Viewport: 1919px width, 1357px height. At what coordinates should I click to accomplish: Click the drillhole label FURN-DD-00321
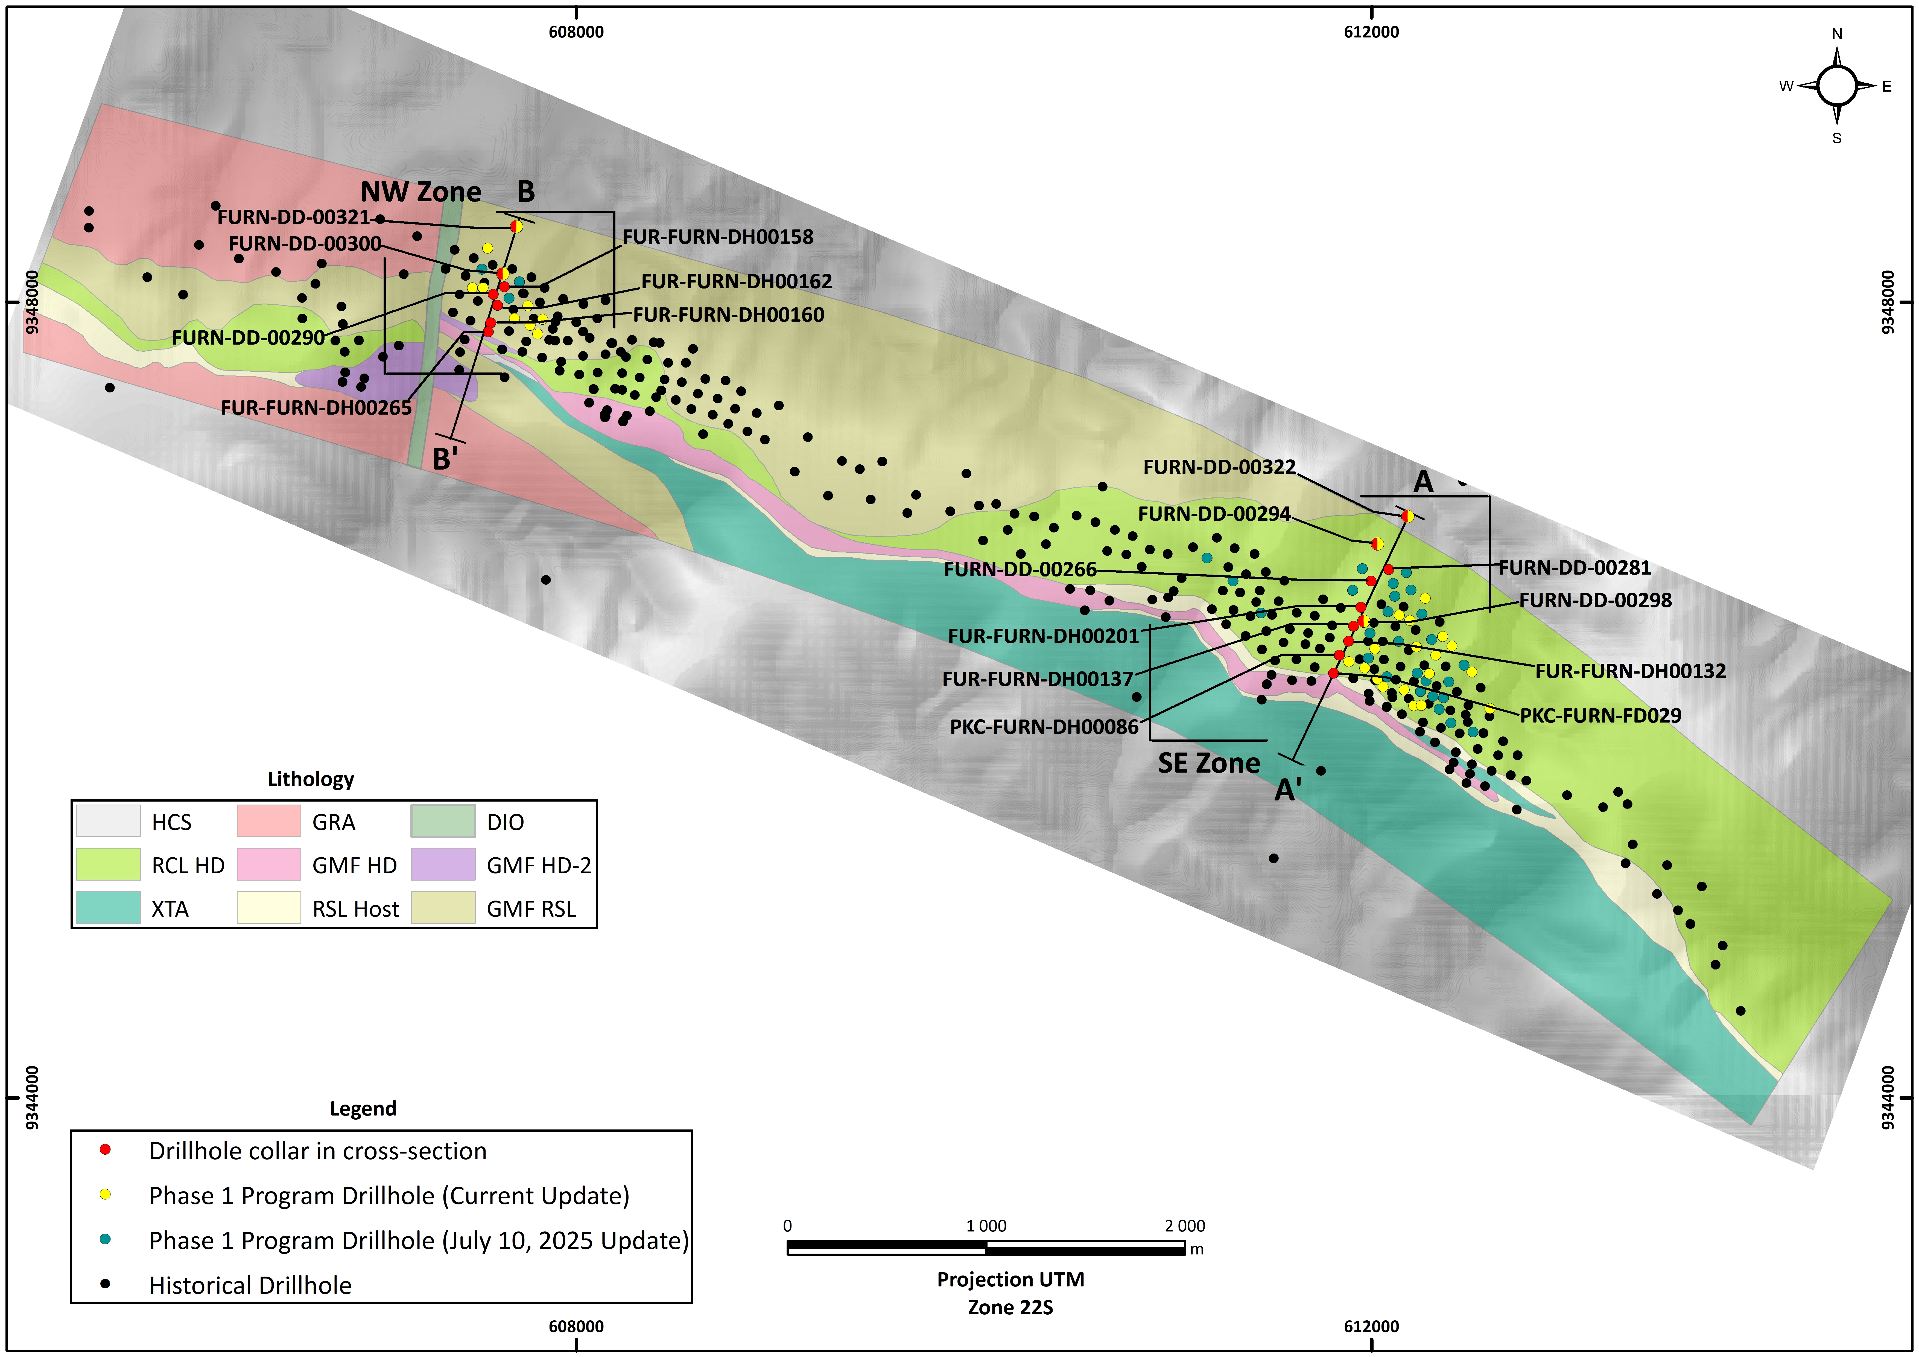tap(293, 217)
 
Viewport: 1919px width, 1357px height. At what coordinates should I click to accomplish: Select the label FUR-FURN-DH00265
tap(316, 408)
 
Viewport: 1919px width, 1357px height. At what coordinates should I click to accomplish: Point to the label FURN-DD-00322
tap(1219, 467)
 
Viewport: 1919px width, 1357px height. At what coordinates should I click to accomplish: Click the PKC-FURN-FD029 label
tap(1600, 716)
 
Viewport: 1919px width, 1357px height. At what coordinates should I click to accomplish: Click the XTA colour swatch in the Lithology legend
tap(108, 908)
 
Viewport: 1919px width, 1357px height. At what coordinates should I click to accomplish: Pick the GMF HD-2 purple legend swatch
tap(443, 864)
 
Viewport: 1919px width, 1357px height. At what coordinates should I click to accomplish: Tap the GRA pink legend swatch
tap(268, 821)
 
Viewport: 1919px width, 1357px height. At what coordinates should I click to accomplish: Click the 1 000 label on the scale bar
tap(986, 1226)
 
